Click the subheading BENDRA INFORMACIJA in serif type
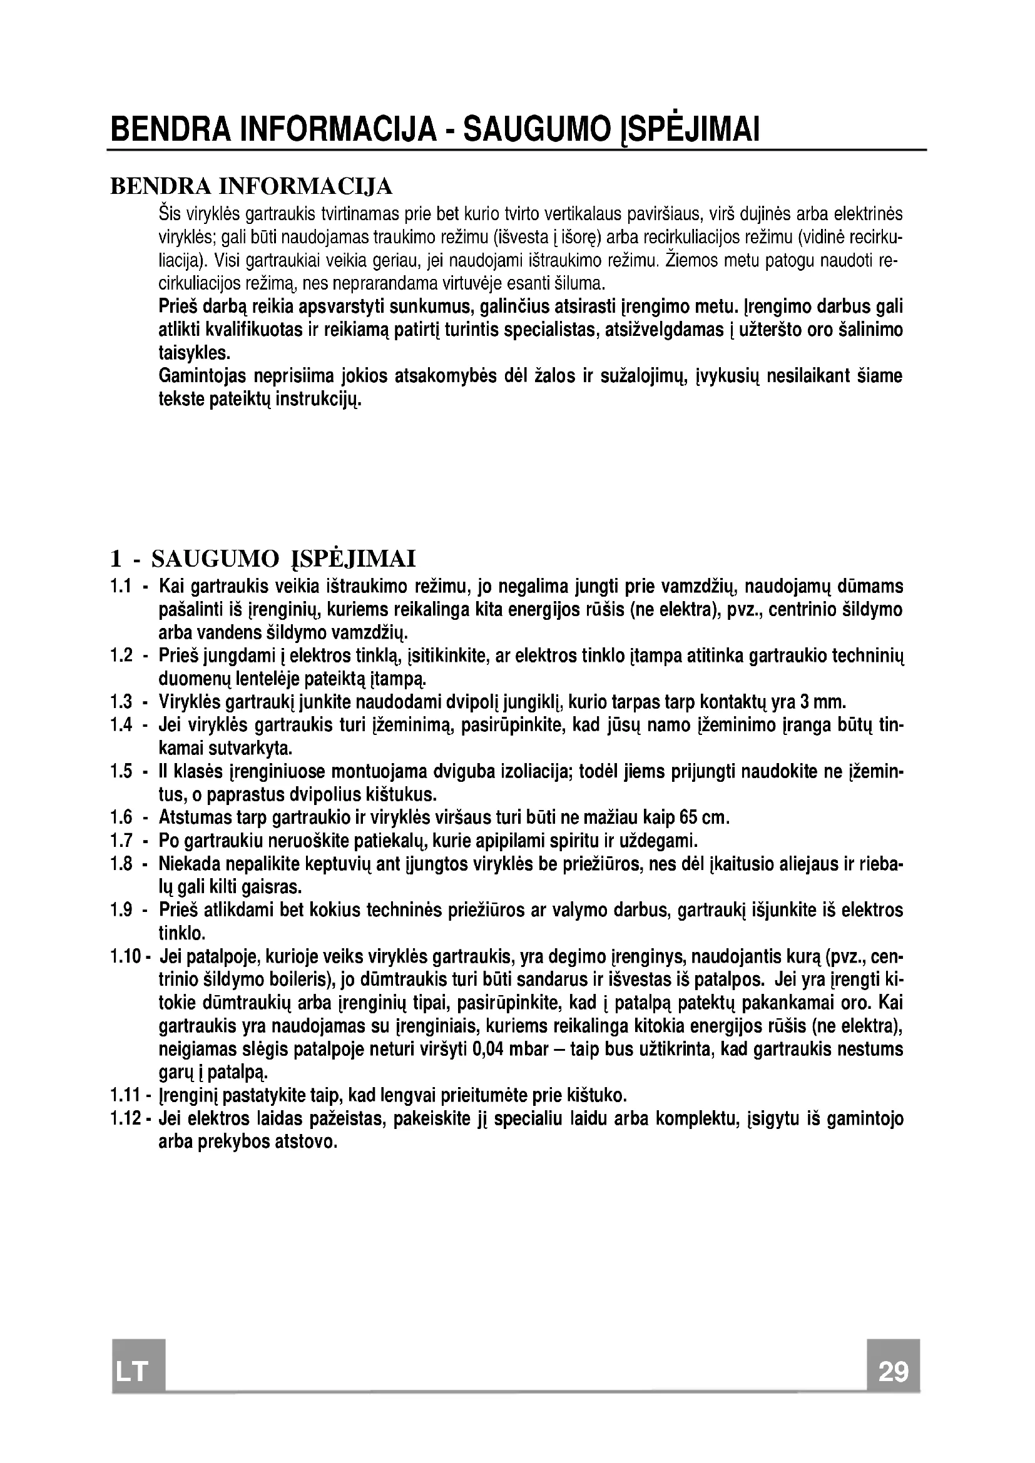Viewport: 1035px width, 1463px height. tap(252, 186)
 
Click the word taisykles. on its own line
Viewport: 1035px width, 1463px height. tap(194, 353)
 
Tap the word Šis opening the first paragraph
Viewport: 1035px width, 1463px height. tap(170, 213)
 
